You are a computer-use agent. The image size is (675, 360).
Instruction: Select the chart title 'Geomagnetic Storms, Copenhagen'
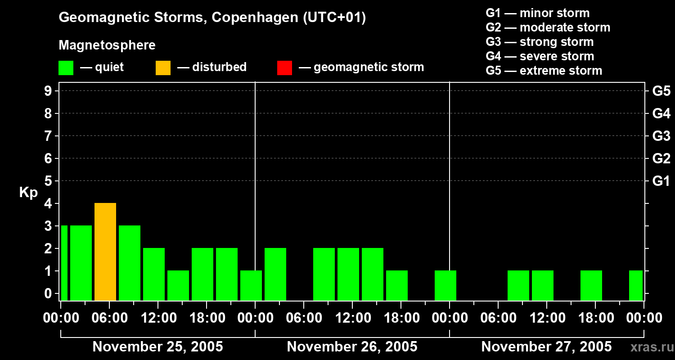[x=212, y=18]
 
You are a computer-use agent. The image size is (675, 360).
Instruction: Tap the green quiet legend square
[x=66, y=68]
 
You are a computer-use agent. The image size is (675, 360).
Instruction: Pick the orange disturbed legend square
[x=163, y=68]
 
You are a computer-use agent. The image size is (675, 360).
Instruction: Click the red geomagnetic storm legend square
[x=284, y=68]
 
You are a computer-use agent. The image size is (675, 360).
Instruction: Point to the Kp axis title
[x=28, y=193]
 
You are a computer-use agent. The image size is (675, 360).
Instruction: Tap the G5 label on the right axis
[x=661, y=91]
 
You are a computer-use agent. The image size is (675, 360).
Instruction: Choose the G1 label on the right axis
[x=661, y=181]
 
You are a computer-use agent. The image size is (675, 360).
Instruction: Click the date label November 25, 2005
[x=157, y=347]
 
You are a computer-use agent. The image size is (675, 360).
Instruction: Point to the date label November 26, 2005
[x=352, y=347]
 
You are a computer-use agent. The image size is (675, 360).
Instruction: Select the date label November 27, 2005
[x=546, y=347]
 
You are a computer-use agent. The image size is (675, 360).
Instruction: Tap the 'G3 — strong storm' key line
[x=540, y=42]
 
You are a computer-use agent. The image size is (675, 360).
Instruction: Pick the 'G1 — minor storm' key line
[x=537, y=13]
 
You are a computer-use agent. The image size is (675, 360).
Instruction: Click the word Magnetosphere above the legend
[x=107, y=45]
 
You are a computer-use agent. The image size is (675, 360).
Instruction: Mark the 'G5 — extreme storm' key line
[x=544, y=71]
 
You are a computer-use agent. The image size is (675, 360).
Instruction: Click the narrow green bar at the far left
[x=64, y=262]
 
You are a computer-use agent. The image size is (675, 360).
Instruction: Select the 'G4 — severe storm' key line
[x=540, y=56]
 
